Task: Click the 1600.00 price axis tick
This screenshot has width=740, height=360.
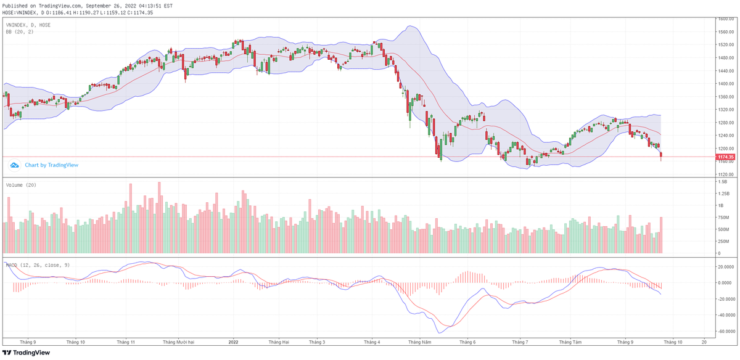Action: click(725, 19)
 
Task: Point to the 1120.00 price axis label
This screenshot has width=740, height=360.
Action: click(725, 174)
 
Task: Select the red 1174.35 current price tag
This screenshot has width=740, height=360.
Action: click(725, 157)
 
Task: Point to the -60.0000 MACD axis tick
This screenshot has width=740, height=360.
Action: click(726, 331)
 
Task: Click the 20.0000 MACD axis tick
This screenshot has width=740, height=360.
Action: click(726, 267)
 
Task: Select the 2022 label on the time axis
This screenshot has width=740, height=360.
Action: click(234, 341)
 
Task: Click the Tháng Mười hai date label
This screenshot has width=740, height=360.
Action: click(178, 341)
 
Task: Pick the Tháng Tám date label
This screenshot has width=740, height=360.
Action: click(570, 341)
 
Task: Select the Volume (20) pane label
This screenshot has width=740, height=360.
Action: click(21, 184)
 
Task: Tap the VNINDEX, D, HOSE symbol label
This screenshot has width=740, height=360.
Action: click(28, 25)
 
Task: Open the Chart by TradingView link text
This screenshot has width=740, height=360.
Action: click(51, 165)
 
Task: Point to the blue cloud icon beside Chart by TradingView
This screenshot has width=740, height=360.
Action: click(14, 165)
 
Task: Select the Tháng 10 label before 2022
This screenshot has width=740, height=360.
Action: click(75, 341)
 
